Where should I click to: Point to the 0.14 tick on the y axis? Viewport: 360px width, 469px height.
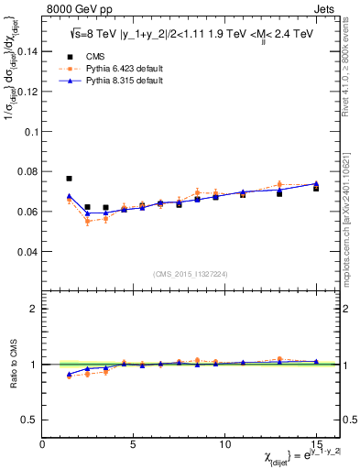[x=28, y=51]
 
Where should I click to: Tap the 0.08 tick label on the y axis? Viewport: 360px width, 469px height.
[x=28, y=171]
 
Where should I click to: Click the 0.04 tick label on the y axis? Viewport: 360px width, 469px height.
[x=28, y=251]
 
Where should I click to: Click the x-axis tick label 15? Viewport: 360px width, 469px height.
[x=315, y=443]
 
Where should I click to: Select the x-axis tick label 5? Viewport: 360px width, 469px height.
[x=134, y=443]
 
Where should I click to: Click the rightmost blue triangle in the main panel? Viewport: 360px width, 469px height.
[x=316, y=184]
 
